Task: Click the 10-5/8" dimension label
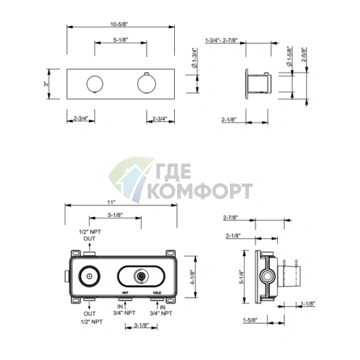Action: tap(119, 24)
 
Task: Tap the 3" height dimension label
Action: tap(46, 84)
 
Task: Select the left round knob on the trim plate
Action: tap(95, 84)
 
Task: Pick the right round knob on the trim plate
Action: tap(147, 83)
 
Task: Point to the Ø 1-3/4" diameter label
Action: tap(195, 58)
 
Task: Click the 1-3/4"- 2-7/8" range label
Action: tap(221, 40)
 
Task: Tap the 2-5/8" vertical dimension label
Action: tap(304, 54)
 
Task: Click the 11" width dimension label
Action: tap(111, 202)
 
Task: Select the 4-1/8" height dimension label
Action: tap(193, 277)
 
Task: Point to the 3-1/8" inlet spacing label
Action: tap(142, 325)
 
